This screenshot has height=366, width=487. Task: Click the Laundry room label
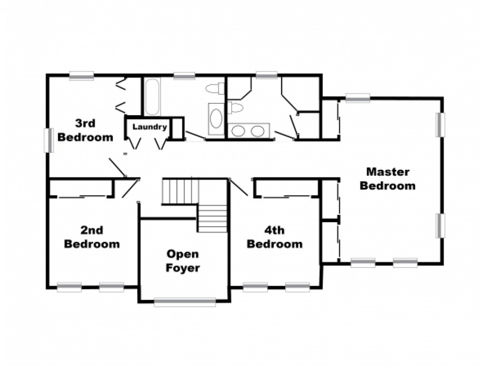click(150, 127)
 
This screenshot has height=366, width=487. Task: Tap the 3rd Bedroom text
click(86, 130)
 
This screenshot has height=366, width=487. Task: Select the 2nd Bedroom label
click(92, 237)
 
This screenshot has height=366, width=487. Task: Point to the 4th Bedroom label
click(274, 237)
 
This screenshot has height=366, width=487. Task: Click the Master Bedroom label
click(388, 178)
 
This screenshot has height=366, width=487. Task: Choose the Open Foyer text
click(183, 261)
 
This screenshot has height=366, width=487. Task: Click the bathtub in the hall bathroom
click(153, 96)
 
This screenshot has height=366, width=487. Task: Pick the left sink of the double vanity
click(239, 131)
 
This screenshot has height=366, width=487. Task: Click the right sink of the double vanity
click(258, 131)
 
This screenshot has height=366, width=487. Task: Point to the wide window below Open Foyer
click(185, 302)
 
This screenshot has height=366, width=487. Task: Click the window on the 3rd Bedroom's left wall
click(49, 140)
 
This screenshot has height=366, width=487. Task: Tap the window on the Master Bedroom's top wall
click(358, 98)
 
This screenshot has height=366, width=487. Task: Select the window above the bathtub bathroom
click(184, 76)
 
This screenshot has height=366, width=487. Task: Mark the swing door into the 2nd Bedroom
click(130, 188)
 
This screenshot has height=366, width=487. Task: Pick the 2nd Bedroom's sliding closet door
click(82, 197)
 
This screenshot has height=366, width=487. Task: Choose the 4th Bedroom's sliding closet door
click(286, 197)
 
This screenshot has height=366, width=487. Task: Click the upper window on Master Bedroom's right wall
click(440, 125)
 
